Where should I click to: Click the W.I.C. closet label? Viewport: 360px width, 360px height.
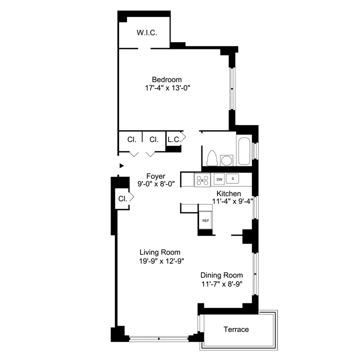click(x=147, y=33)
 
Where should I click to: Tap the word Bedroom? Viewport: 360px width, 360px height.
click(x=166, y=79)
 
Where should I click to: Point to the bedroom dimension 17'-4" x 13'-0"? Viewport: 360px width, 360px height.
click(x=166, y=88)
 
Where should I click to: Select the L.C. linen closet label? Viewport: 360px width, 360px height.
click(x=173, y=140)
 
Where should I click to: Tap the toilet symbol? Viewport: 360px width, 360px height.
click(x=211, y=157)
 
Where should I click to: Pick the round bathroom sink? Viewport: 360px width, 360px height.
click(x=226, y=160)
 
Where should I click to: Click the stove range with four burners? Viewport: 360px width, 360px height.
click(x=202, y=179)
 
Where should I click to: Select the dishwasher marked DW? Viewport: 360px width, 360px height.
click(x=219, y=178)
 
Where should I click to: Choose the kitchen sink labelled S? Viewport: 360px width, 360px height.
click(x=233, y=178)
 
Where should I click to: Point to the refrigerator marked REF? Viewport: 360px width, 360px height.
click(x=205, y=220)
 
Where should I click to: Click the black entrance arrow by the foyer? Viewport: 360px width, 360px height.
click(x=121, y=165)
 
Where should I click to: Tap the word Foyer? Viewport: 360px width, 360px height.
click(x=155, y=176)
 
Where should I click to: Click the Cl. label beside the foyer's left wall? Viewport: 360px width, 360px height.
click(x=122, y=198)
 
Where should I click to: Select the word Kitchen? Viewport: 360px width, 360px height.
click(x=228, y=193)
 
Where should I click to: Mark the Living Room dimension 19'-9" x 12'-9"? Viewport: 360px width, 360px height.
click(x=159, y=260)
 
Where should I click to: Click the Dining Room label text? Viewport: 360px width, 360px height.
click(x=221, y=275)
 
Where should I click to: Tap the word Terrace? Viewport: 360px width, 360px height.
click(x=236, y=329)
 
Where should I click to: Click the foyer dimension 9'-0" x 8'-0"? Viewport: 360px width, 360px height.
click(x=155, y=184)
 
